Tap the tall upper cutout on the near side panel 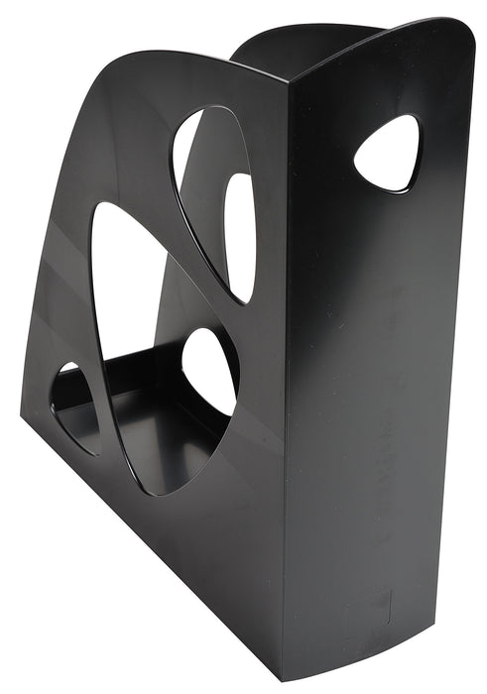pyautogui.click(x=203, y=188)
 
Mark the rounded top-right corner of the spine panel pyautogui.click(x=460, y=30)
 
